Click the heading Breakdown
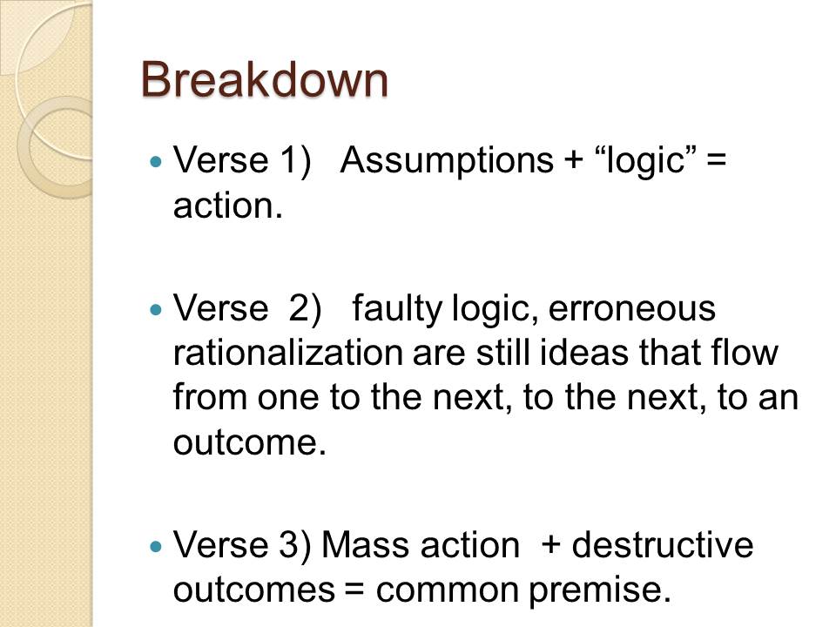tap(265, 79)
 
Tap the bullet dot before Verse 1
tap(156, 161)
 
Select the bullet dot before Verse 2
tap(156, 309)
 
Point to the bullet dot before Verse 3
tap(156, 547)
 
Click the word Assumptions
tap(447, 160)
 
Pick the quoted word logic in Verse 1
tap(645, 160)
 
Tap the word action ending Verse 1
tap(227, 206)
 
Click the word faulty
tap(397, 309)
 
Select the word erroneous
tap(632, 310)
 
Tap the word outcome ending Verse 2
tap(250, 442)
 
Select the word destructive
tap(663, 545)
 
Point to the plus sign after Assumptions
tap(574, 160)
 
